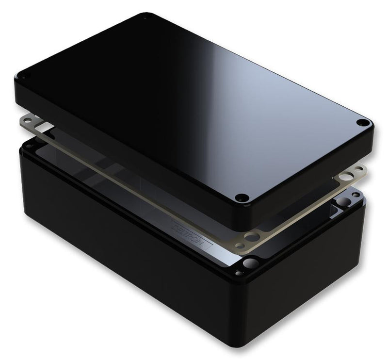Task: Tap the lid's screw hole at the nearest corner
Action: (x=242, y=197)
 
